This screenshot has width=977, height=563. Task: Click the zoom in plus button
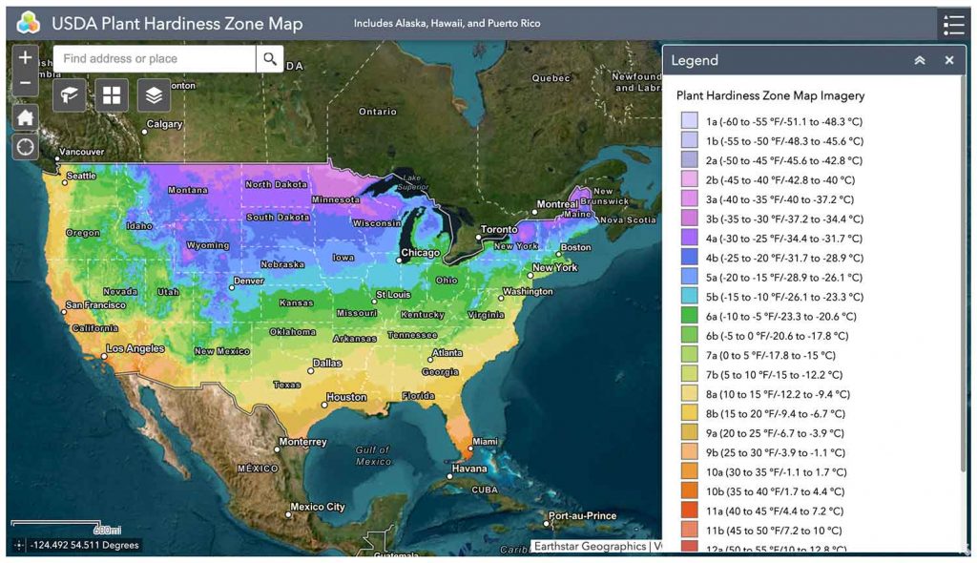tap(25, 57)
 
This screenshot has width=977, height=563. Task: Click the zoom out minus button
tap(25, 85)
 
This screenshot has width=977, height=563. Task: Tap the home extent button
tap(25, 117)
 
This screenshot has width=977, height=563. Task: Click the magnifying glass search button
tap(270, 59)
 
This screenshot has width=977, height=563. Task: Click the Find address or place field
tap(155, 59)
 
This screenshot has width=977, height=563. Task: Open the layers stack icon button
tap(155, 94)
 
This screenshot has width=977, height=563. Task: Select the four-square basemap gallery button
tap(113, 94)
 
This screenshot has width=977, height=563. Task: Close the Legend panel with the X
tap(949, 60)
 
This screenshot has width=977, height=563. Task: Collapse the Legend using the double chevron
tap(920, 60)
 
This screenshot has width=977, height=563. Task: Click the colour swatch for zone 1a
tap(689, 121)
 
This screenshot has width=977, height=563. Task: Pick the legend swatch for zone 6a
tap(689, 316)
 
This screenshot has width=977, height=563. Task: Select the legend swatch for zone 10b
tap(689, 491)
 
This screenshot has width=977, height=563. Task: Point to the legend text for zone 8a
tap(778, 394)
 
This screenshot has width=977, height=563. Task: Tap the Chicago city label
tap(420, 253)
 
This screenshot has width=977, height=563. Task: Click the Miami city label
tap(485, 441)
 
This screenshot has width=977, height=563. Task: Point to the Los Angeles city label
tap(135, 348)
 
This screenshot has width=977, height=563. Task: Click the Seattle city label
tap(81, 176)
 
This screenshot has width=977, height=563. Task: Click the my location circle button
tap(25, 147)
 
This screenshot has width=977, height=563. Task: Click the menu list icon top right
tap(953, 24)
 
